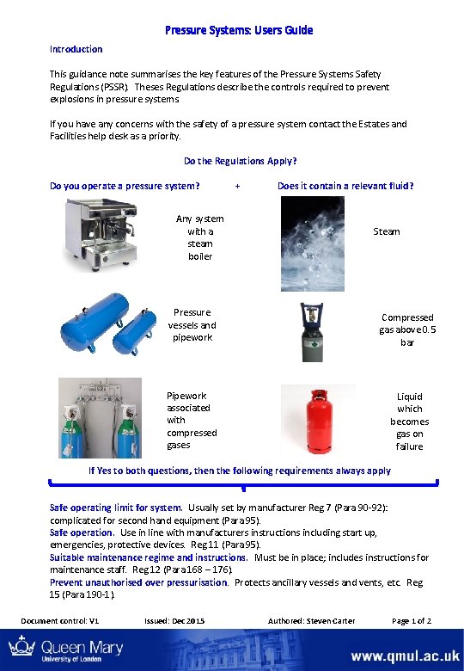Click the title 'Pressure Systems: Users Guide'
coord(239,30)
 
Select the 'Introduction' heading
coord(76,49)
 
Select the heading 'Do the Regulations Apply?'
coord(241,161)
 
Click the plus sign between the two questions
coord(237,186)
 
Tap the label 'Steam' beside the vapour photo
coord(387,231)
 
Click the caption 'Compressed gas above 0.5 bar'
coord(407,329)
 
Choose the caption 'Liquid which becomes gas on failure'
coord(410,422)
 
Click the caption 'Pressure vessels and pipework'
coord(192,325)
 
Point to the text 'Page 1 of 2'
coord(411,621)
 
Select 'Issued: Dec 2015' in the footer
coord(175,621)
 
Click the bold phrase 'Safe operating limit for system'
coord(116,508)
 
